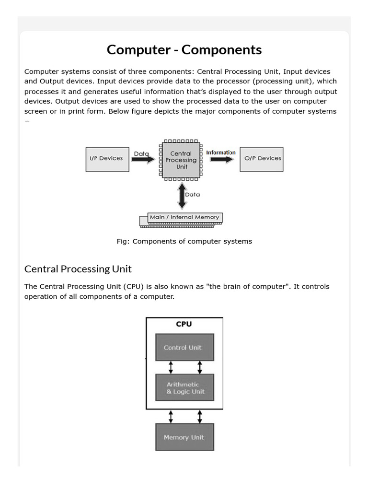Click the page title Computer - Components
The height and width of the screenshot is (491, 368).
click(184, 50)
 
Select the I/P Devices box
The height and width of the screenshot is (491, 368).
click(107, 159)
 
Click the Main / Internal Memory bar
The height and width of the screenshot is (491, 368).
click(184, 218)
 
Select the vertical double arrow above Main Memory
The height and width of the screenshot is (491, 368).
click(181, 194)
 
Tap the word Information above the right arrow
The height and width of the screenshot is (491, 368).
click(220, 153)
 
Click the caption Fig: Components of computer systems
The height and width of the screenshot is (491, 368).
click(184, 241)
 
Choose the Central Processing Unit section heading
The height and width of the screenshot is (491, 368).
click(78, 269)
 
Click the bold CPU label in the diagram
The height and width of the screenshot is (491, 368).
click(184, 324)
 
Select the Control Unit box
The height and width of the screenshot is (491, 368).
click(184, 347)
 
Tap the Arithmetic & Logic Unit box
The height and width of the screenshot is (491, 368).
click(184, 388)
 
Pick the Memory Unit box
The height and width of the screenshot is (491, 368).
click(184, 437)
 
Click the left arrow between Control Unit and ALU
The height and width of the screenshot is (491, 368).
click(171, 367)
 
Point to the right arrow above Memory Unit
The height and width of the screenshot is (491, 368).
click(199, 416)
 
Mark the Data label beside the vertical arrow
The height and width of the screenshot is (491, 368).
click(193, 195)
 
